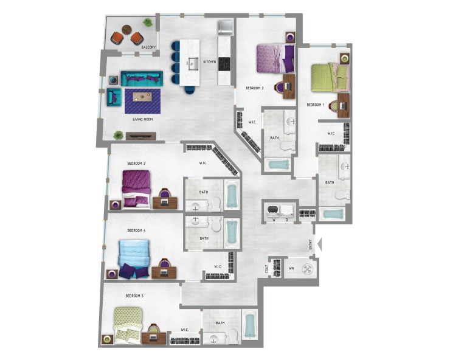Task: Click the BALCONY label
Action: click(149, 47)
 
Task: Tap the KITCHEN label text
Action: click(209, 62)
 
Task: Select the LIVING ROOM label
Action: click(142, 119)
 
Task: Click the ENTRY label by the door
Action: click(311, 244)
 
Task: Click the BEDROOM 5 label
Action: click(134, 296)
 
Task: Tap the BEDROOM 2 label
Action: click(254, 88)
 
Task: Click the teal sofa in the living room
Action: click(142, 78)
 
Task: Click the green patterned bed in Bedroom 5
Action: click(128, 322)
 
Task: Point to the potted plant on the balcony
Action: click(148, 23)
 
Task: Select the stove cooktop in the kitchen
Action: click(224, 63)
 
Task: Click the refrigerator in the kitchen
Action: click(225, 28)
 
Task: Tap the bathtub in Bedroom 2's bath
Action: click(278, 164)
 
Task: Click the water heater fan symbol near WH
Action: click(308, 268)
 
